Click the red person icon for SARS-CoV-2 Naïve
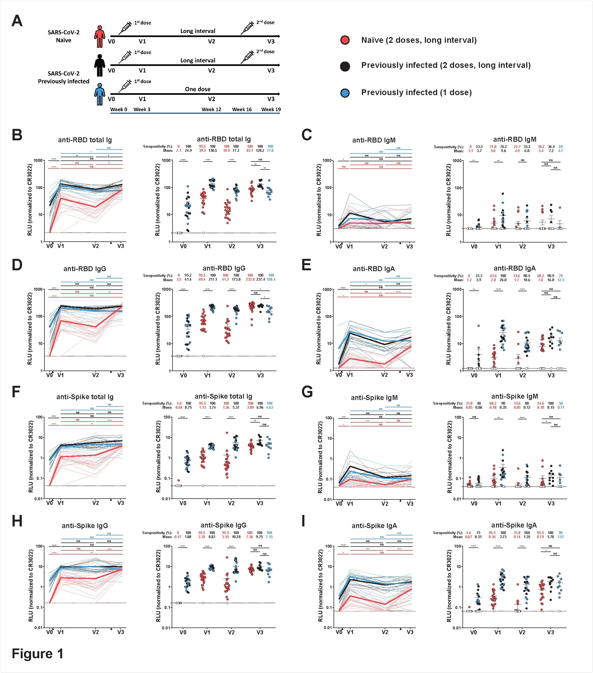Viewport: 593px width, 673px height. click(99, 37)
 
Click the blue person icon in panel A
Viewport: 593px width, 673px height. click(99, 95)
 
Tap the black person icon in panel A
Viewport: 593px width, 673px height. click(99, 65)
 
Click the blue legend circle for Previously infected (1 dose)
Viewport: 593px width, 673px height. click(345, 93)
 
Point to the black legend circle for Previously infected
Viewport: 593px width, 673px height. click(345, 66)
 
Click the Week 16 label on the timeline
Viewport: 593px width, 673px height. click(242, 109)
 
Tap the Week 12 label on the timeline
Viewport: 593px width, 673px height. click(211, 109)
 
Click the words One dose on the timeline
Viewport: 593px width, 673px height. click(198, 89)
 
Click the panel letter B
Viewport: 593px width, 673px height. click(17, 135)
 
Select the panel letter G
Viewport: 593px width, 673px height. click(307, 392)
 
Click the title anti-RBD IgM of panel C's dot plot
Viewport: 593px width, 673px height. click(515, 139)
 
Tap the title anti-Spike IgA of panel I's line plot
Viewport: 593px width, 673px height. click(374, 526)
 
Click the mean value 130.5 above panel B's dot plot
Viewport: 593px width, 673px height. click(213, 151)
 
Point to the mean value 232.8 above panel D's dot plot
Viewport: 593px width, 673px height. click(250, 280)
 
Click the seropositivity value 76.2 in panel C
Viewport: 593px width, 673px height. click(503, 147)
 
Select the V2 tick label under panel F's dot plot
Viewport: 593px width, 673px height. click(231, 503)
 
